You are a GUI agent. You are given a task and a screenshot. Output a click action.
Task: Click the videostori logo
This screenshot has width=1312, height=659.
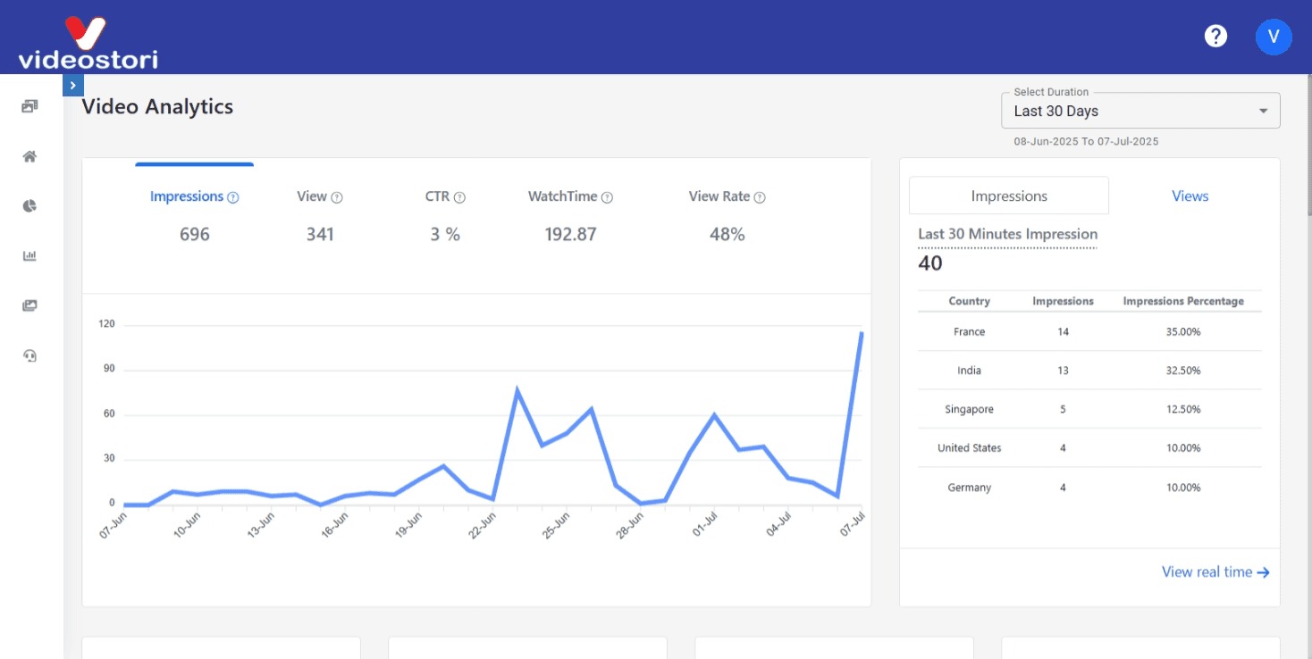[x=88, y=44]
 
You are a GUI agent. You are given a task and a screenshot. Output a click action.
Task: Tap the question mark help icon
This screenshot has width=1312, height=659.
[x=1215, y=37]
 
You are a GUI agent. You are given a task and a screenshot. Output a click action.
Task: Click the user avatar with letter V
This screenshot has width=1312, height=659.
[x=1274, y=37]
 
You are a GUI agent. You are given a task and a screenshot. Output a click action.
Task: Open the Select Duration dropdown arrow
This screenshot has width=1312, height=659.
[x=1263, y=112]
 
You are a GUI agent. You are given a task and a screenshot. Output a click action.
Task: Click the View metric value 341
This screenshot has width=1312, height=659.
[x=320, y=235]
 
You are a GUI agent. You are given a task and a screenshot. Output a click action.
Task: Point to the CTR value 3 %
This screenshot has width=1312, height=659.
[x=444, y=235]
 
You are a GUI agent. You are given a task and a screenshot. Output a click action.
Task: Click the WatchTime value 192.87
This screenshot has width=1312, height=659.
[x=570, y=235]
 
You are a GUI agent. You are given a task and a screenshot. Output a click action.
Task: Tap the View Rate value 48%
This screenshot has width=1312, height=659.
[x=727, y=235]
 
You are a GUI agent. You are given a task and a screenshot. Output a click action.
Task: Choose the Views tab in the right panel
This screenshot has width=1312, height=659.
[x=1190, y=196]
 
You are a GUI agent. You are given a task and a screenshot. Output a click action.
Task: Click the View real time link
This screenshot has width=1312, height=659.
[x=1215, y=572]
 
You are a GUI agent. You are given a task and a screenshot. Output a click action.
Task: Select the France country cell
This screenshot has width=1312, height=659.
[x=969, y=332]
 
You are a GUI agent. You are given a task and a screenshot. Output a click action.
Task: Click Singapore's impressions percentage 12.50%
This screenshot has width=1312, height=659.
[x=1183, y=410]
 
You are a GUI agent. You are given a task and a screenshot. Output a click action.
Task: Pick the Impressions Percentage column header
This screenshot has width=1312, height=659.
[x=1183, y=302]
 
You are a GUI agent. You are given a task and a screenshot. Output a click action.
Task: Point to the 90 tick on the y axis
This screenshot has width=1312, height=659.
[x=108, y=369]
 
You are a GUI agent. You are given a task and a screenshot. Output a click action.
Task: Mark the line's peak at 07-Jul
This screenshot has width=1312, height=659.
[x=862, y=333]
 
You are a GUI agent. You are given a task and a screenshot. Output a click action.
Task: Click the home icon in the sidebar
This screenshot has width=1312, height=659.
[x=30, y=157]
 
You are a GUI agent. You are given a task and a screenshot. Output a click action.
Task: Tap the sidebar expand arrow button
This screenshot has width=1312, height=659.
[x=73, y=86]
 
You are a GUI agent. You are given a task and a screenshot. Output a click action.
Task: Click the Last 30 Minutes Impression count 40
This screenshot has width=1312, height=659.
[x=930, y=263]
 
